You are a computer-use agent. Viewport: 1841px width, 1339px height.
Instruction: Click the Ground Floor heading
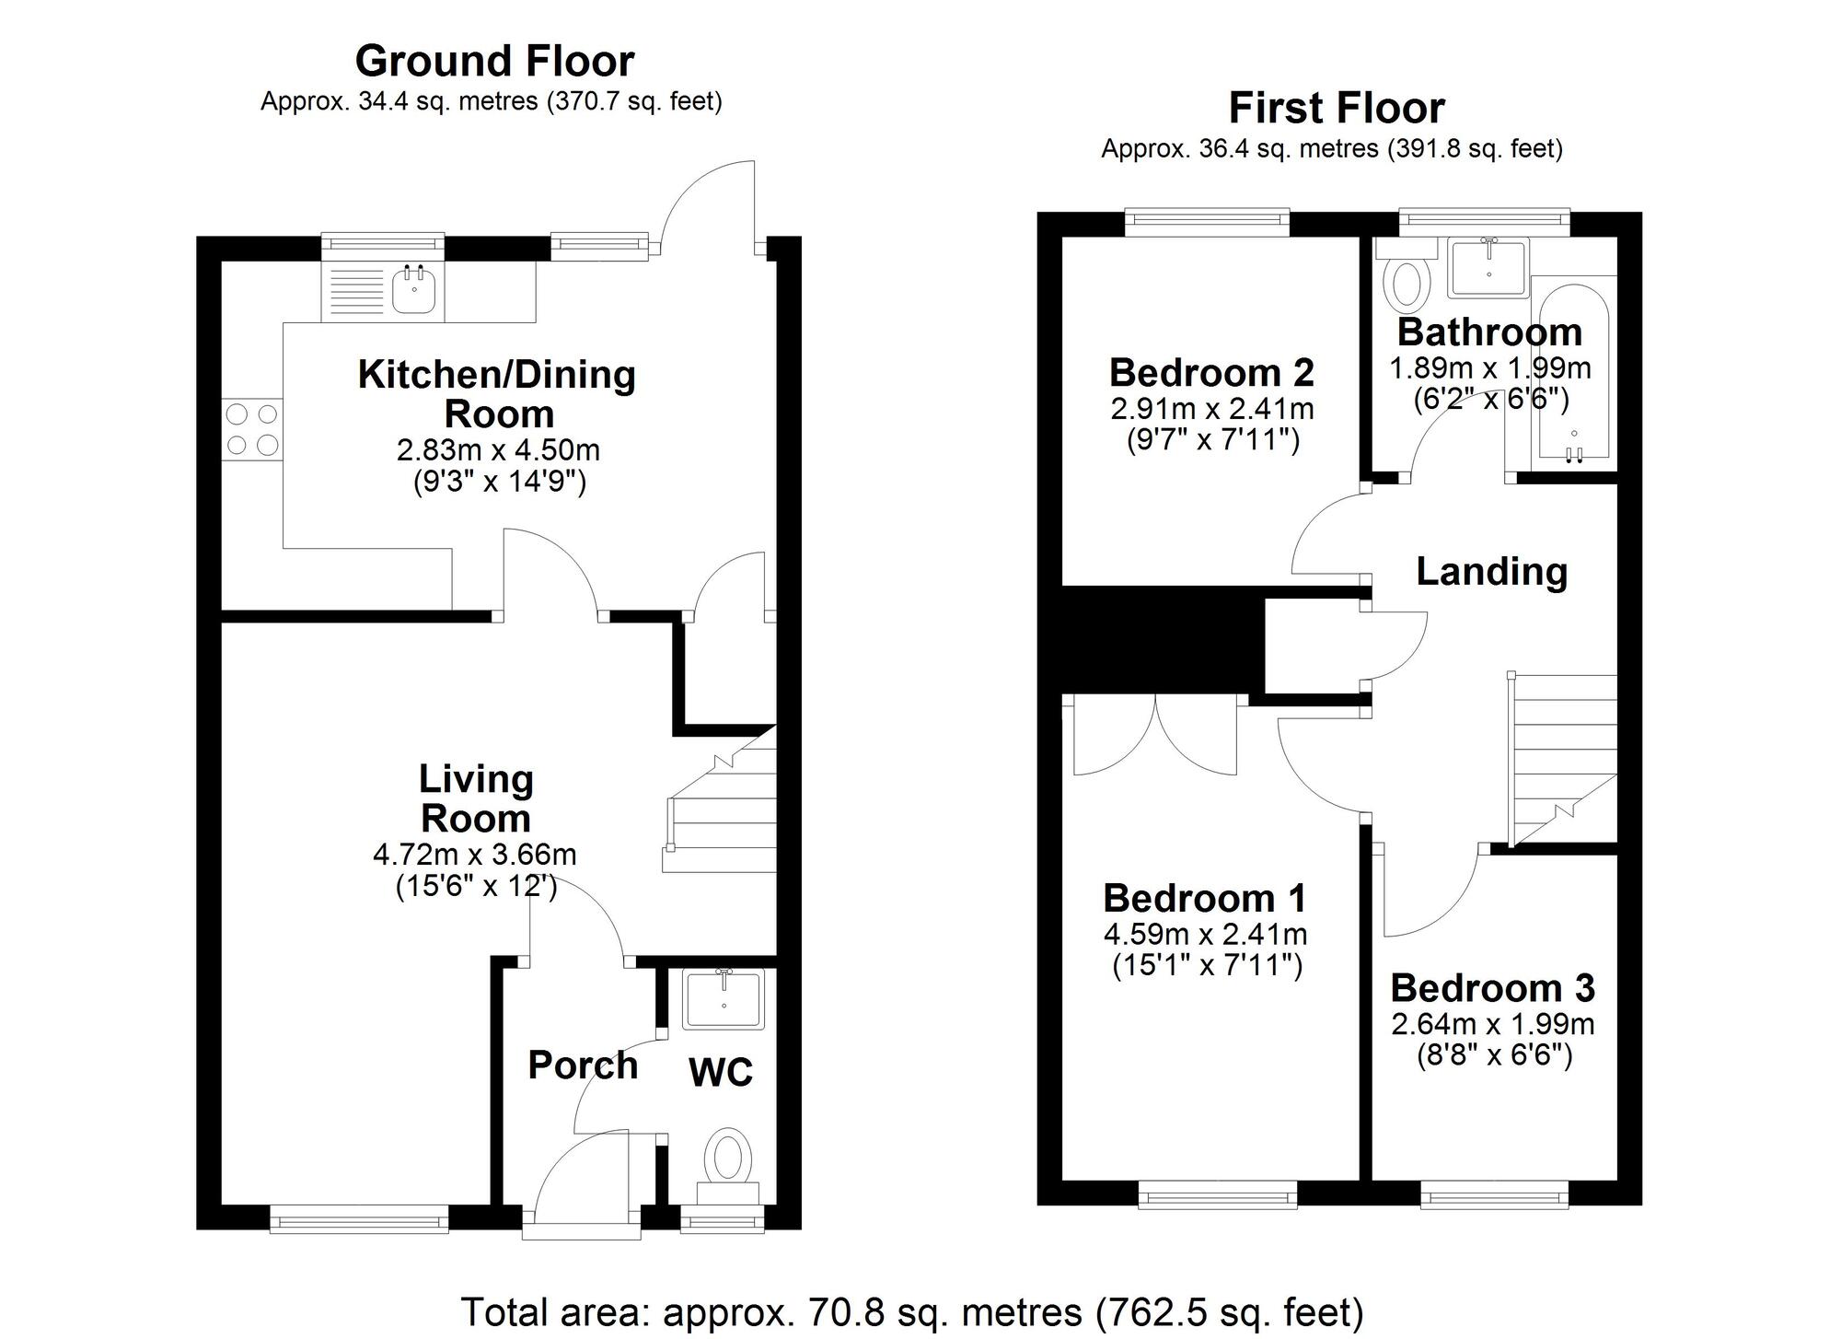click(x=494, y=62)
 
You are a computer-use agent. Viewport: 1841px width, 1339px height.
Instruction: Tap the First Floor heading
click(x=1336, y=109)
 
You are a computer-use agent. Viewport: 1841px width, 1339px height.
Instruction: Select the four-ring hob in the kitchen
click(x=252, y=429)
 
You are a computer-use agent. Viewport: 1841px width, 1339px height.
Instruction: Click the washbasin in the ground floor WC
click(x=724, y=999)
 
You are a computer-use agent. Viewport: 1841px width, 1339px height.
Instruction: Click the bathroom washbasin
click(x=1488, y=267)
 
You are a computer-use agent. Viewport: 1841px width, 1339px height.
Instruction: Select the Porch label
click(x=583, y=1065)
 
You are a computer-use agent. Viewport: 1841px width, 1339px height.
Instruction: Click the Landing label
click(x=1491, y=572)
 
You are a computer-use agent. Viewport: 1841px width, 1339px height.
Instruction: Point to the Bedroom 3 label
click(x=1492, y=988)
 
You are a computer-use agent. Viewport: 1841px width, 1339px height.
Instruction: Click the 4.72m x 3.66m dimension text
click(x=475, y=855)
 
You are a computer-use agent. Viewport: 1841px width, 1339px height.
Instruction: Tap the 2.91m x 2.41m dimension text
click(x=1212, y=409)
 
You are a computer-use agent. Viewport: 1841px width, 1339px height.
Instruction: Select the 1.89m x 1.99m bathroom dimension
click(x=1489, y=368)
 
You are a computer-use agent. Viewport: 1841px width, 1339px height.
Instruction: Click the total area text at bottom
click(x=911, y=1312)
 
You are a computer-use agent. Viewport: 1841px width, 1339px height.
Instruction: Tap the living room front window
click(x=359, y=1221)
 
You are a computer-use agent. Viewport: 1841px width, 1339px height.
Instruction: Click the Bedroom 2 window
click(x=1207, y=218)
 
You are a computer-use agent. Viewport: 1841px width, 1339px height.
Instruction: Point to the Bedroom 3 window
click(x=1493, y=1196)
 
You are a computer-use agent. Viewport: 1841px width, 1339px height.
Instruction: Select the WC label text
click(x=721, y=1072)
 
